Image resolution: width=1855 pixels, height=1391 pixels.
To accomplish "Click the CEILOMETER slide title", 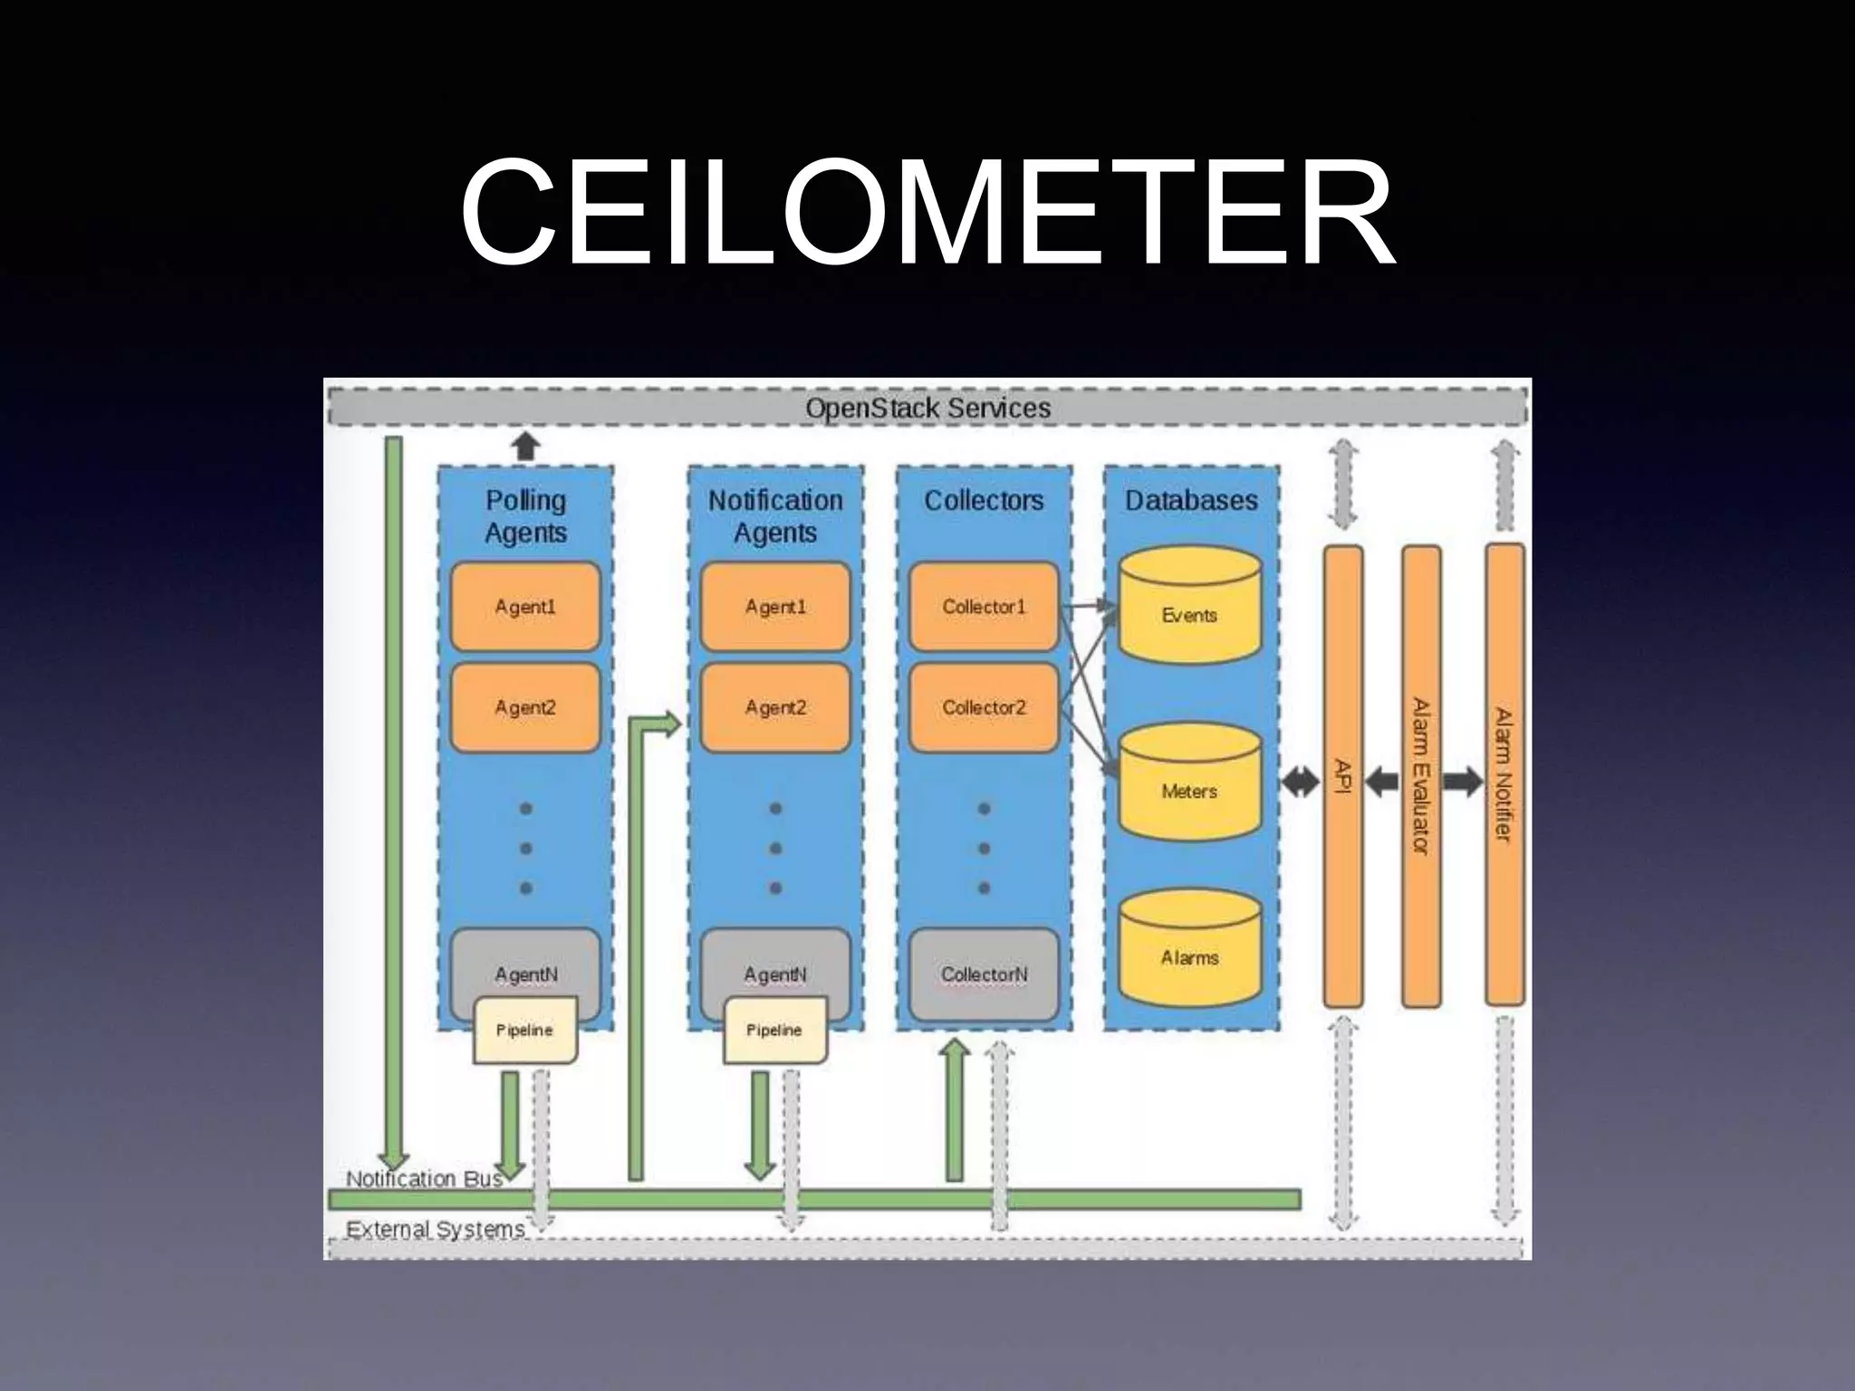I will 927,213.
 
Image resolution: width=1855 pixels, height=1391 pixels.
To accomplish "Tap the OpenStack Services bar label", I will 927,408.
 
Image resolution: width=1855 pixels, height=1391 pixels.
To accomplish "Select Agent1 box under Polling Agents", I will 525,607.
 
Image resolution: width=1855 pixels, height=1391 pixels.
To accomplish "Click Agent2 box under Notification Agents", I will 775,707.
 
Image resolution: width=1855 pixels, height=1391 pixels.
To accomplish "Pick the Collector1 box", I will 984,607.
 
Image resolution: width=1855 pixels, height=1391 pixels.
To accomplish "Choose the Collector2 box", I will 984,707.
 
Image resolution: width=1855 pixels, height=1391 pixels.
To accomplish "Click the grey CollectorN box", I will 984,974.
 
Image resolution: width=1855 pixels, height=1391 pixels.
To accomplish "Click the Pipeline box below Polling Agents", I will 524,1030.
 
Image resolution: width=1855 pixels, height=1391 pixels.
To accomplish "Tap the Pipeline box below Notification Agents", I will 774,1030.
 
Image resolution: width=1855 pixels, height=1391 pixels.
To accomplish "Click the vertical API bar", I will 1343,777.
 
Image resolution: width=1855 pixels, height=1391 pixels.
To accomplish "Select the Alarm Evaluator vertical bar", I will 1421,777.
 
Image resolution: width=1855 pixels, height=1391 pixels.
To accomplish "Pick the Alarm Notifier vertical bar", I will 1504,775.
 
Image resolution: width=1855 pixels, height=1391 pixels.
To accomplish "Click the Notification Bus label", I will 424,1178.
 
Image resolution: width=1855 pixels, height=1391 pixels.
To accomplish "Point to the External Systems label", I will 436,1229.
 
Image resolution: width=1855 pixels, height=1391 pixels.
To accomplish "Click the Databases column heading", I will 1191,500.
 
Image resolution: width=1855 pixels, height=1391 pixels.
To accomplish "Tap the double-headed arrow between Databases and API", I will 1301,782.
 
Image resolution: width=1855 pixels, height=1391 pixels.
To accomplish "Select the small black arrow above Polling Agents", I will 525,446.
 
